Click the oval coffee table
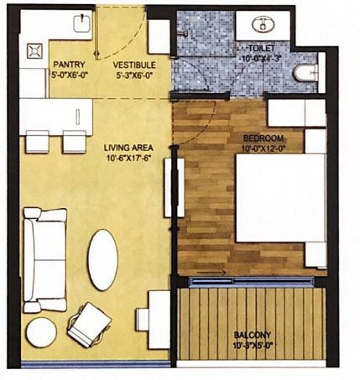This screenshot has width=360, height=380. click(x=104, y=261)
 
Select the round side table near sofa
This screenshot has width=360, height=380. click(x=39, y=333)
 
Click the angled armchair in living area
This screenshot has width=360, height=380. click(x=88, y=322)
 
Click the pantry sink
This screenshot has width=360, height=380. click(x=81, y=26)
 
